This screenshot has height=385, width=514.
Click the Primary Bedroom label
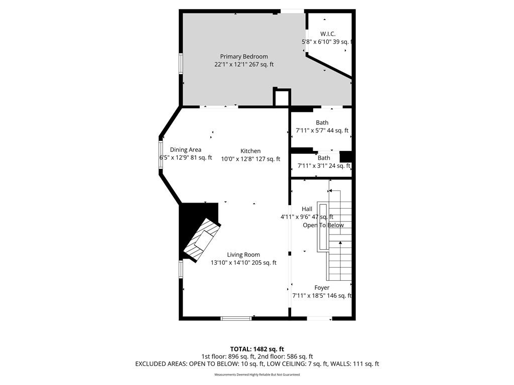coord(244,57)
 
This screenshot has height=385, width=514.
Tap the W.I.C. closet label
coord(328,34)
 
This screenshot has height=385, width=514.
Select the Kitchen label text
coord(250,151)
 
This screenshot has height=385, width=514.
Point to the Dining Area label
coord(186,150)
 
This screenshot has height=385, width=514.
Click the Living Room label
coord(243,255)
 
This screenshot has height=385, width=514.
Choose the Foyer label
coord(322,288)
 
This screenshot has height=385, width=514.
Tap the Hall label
coord(307,209)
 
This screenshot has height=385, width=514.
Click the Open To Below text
coord(323,225)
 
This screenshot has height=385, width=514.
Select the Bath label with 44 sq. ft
coord(322,122)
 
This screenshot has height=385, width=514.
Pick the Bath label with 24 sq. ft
coord(324,158)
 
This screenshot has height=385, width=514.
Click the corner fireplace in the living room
coord(201,240)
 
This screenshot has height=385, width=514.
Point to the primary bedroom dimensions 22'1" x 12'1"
coord(231,65)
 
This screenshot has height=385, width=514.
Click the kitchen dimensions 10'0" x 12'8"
coord(237,159)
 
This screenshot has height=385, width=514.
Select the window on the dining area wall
coord(161,154)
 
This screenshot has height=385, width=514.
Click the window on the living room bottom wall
coord(236,318)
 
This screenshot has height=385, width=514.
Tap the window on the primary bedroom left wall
coord(181,64)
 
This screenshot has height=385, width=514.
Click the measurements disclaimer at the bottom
coord(257,374)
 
